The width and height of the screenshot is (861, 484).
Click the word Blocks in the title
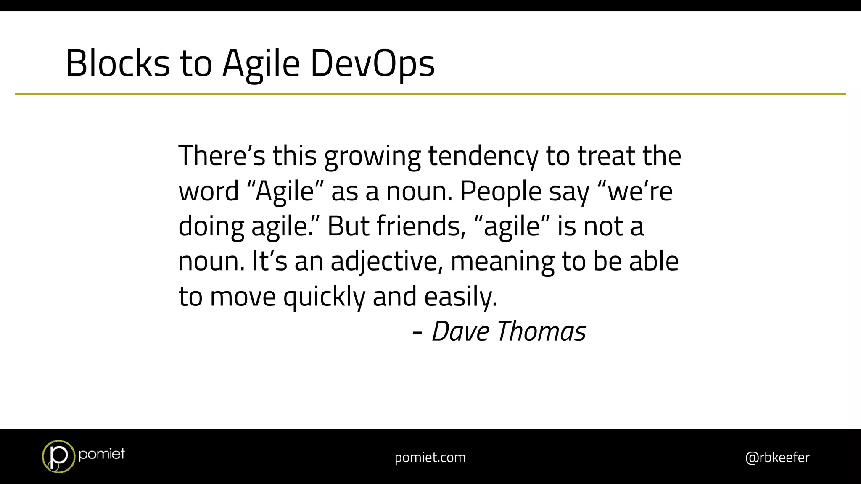tap(117, 63)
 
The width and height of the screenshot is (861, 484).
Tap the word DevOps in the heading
tap(372, 63)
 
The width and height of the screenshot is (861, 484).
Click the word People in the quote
tap(501, 192)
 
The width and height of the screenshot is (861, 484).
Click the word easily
tap(460, 297)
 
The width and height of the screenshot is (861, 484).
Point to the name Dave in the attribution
tap(460, 331)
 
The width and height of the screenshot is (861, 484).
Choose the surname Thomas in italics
tap(541, 331)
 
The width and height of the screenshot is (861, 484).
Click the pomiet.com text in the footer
tap(430, 458)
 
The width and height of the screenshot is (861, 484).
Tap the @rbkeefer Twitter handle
tap(777, 457)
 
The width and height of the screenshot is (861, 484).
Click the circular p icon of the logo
tap(58, 456)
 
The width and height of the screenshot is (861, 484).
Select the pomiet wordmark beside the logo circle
tap(101, 454)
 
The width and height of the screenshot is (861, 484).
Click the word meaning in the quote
tap(502, 262)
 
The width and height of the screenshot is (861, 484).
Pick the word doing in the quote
tap(211, 227)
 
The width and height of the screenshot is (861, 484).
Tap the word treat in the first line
tap(606, 156)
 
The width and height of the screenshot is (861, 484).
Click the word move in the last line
tap(243, 297)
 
